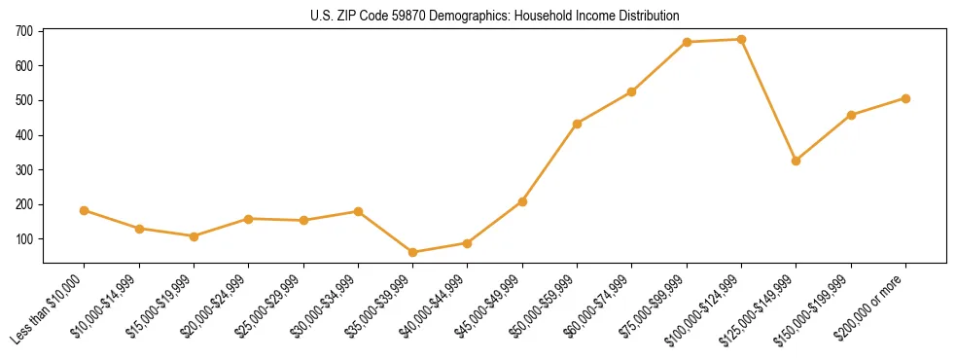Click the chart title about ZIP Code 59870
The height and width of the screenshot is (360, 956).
(478, 16)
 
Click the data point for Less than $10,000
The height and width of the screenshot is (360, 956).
(85, 210)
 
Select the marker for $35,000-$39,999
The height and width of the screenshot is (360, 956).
(413, 252)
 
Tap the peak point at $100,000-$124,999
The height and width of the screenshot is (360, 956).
(742, 40)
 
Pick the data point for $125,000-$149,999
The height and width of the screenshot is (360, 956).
(797, 161)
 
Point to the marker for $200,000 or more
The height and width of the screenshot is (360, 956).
(905, 98)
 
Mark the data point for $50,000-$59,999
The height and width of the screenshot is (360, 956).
(578, 124)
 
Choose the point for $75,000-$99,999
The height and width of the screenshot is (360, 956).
(687, 42)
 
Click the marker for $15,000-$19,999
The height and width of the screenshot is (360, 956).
(195, 236)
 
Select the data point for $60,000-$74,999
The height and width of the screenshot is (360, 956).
(632, 91)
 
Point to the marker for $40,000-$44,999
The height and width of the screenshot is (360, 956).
(468, 243)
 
